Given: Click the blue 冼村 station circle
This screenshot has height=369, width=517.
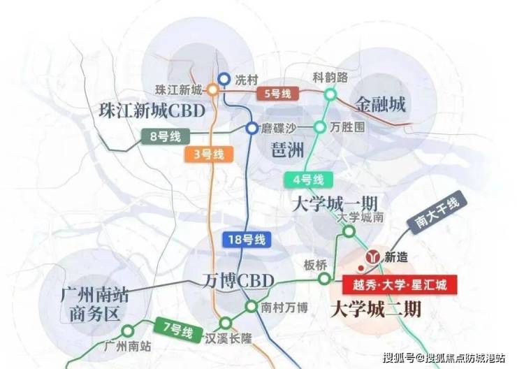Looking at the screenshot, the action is [x=224, y=79].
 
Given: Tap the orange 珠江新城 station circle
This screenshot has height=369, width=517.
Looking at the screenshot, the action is [x=212, y=89].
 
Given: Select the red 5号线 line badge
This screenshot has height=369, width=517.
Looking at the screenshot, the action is [x=277, y=94].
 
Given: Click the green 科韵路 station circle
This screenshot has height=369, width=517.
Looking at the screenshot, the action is [x=330, y=94].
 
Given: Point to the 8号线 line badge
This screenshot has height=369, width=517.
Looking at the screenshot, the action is [x=166, y=136].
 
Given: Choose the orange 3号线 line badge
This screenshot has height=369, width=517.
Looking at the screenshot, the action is [x=209, y=154].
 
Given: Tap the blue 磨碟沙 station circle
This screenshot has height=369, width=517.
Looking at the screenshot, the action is [x=252, y=128].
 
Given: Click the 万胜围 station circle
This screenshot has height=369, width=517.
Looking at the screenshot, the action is [x=319, y=127].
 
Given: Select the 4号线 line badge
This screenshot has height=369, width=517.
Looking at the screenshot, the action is [x=309, y=180].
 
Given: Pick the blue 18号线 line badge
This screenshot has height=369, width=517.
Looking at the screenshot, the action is [x=247, y=240].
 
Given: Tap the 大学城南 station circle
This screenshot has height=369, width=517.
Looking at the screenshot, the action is [x=349, y=231].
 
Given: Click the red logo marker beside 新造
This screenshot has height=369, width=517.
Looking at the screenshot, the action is [x=373, y=257].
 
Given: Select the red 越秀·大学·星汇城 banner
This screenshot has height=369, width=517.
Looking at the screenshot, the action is [x=400, y=284].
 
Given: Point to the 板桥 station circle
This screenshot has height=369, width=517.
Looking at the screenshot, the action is [x=324, y=279].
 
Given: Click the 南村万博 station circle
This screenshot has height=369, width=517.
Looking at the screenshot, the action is [x=252, y=307].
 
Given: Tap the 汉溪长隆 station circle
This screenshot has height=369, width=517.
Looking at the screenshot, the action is [x=226, y=323].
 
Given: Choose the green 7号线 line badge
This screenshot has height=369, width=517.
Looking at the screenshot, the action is [x=178, y=329].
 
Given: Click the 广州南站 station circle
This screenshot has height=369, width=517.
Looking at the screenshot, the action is [x=128, y=331].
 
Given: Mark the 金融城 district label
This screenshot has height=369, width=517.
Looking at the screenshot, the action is [x=380, y=105].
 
